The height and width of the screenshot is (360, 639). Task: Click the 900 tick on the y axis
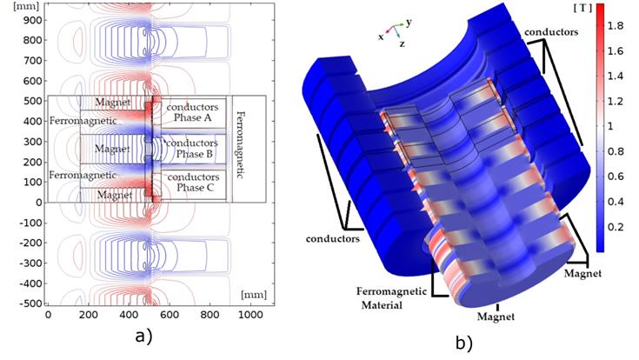pos(33,20)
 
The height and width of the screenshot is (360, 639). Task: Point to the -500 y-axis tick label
pos(30,303)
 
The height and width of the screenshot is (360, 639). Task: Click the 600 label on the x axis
pos(170,315)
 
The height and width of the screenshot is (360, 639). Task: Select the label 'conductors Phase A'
pos(192,112)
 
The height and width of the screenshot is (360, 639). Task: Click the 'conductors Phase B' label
pos(192,149)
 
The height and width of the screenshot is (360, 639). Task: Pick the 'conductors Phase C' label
pos(193,183)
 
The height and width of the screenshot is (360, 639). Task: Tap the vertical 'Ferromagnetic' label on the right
pos(240,144)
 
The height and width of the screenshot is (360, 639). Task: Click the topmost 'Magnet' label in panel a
pos(112,103)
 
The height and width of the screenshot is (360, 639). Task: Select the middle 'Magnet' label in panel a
pos(112,149)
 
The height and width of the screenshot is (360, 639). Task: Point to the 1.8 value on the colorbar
pos(615,26)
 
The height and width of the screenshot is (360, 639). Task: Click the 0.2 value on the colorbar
pos(615,227)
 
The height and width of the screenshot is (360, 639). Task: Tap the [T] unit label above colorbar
pos(582,8)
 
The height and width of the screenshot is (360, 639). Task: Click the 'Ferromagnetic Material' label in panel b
pos(391,298)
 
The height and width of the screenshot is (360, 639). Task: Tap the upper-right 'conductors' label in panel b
pos(551,32)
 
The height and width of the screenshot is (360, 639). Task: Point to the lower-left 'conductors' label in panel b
pos(332,238)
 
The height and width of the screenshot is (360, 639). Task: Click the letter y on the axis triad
pos(409,23)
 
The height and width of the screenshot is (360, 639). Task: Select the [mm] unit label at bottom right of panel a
pos(254,295)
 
